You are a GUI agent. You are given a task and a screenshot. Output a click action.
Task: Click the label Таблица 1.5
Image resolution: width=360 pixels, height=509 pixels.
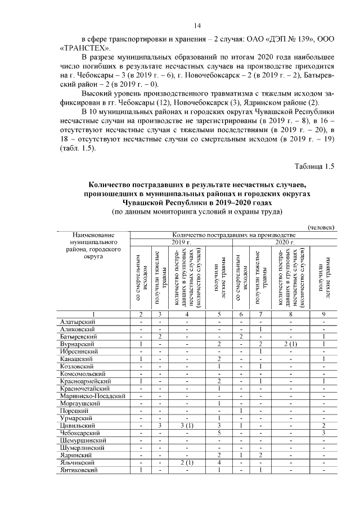coord(314,166)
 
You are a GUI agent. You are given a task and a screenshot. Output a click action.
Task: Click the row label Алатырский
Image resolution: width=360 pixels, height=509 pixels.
coord(77,321)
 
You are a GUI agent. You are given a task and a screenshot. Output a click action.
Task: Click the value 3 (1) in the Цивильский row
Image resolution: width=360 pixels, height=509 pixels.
coord(183,426)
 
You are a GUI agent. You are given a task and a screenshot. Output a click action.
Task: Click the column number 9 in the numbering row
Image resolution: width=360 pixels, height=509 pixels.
coord(324,314)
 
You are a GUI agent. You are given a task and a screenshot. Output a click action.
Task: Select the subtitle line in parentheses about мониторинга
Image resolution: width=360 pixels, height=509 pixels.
coord(197,212)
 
